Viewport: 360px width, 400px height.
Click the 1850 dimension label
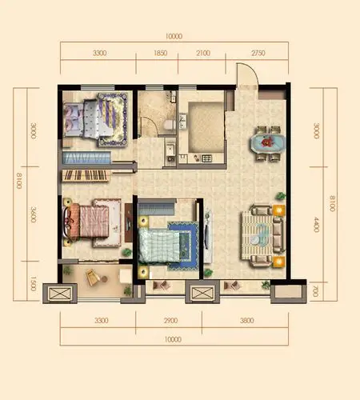click(160, 53)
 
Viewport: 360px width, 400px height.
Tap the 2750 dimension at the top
click(258, 53)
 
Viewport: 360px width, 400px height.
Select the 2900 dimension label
click(170, 320)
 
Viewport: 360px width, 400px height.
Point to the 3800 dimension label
click(246, 320)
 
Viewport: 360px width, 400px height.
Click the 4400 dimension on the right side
click(316, 225)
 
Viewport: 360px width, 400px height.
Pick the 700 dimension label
click(315, 291)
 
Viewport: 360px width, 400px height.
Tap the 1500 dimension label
click(33, 283)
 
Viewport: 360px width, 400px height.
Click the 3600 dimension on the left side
click(33, 214)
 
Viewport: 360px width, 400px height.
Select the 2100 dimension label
click(203, 53)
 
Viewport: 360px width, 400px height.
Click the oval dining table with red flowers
click(268, 143)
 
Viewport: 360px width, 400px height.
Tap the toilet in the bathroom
click(170, 124)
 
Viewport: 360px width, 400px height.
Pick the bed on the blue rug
click(159, 246)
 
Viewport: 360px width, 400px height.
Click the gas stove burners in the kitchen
click(207, 158)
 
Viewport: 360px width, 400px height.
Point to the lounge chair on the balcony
click(93, 278)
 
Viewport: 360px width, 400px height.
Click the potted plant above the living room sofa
click(281, 196)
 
